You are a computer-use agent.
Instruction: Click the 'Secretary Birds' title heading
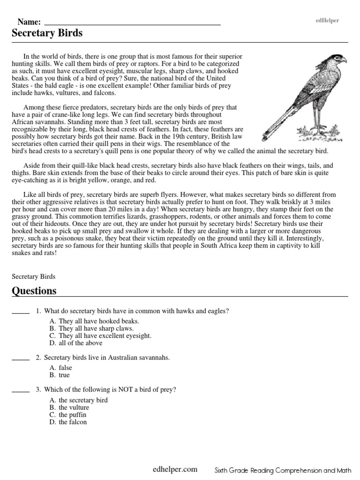coord(47,33)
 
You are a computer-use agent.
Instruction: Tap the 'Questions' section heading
coord(34,291)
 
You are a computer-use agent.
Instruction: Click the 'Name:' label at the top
coord(29,22)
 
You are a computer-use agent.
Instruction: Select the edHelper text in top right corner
coord(328,21)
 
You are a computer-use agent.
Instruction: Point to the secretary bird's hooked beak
coord(344,60)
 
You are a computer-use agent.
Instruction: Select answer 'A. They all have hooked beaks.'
coord(94,321)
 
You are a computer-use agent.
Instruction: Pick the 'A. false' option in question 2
coord(60,368)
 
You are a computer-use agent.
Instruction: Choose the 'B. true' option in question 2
coord(59,375)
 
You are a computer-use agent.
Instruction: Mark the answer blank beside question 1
coord(20,312)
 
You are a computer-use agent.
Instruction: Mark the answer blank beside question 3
coord(20,390)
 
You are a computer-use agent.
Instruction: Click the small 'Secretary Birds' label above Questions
coord(33,277)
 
